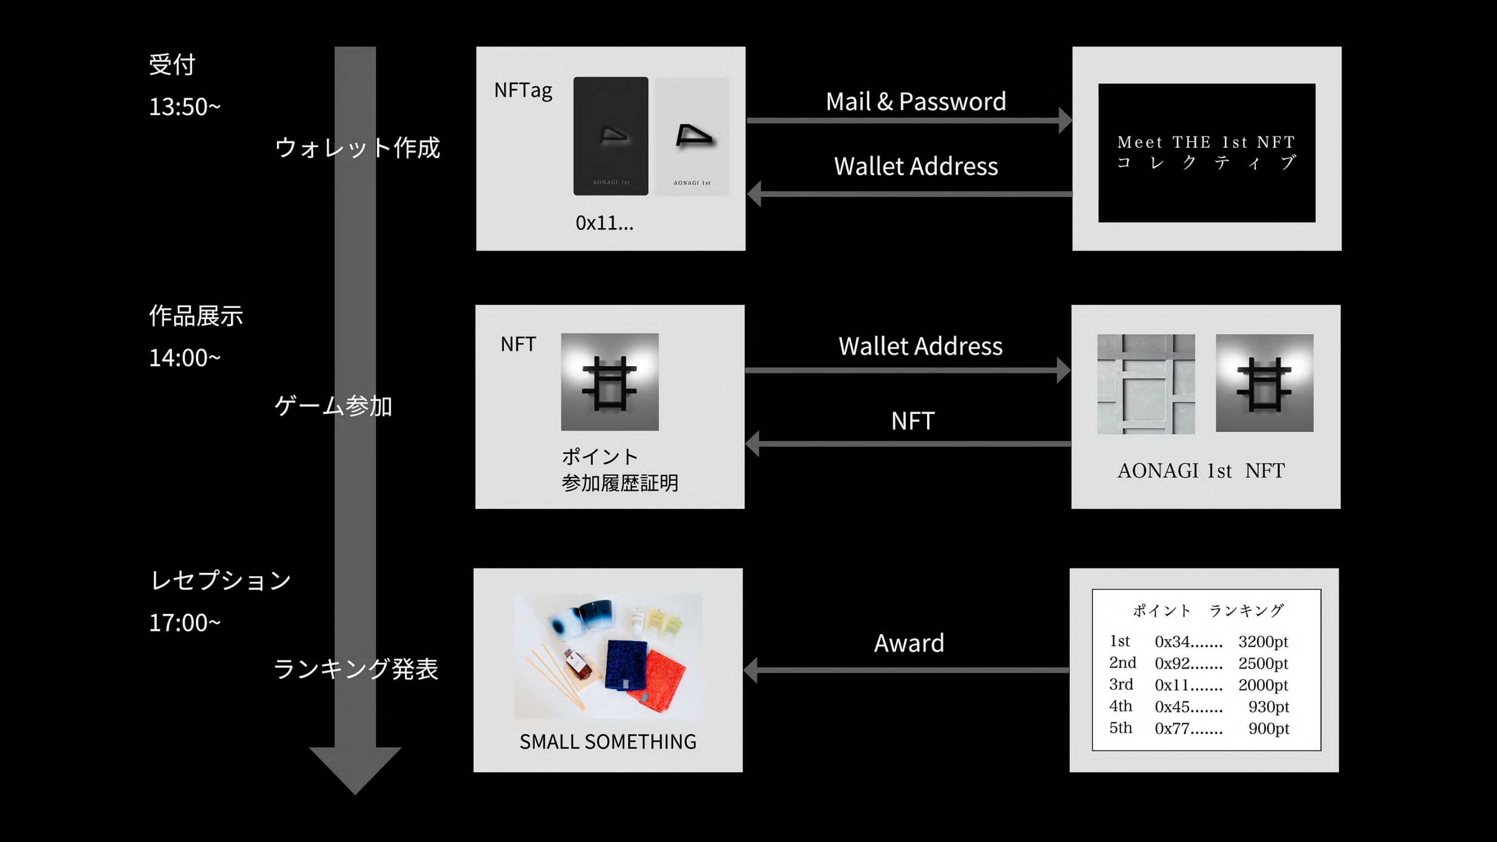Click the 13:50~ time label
tap(184, 107)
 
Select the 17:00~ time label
tap(184, 623)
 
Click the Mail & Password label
tap(916, 102)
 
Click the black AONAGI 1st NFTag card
tap(610, 136)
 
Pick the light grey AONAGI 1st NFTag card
tap(692, 136)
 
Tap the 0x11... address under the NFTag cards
tap(604, 223)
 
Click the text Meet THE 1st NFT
tap(1206, 142)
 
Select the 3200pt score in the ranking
tap(1263, 641)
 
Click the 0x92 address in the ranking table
tap(1189, 663)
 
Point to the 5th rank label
tap(1120, 728)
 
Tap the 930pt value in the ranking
tap(1268, 707)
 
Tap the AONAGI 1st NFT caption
tap(1201, 471)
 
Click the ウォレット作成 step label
tap(357, 148)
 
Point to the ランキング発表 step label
tap(356, 669)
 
